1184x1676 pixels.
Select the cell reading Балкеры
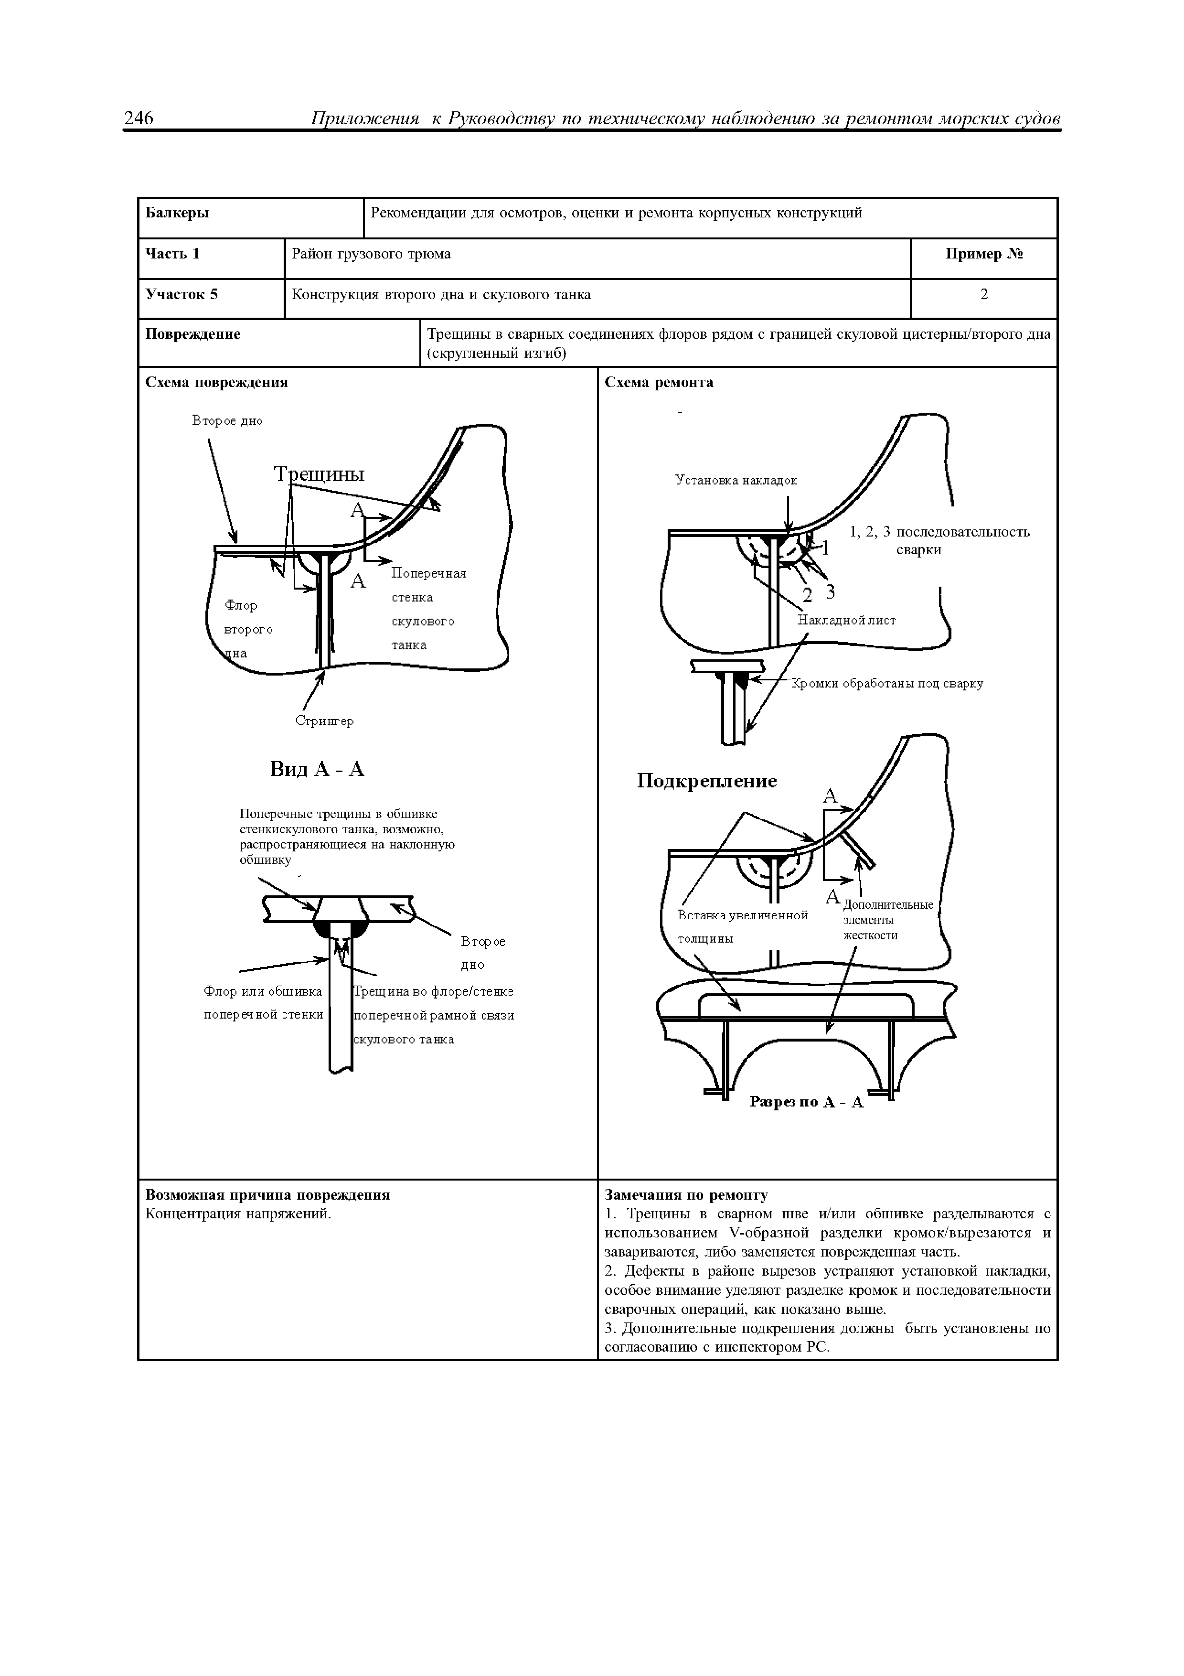(177, 213)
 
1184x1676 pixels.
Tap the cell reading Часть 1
(173, 254)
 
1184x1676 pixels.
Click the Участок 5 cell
(181, 295)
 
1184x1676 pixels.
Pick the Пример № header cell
(983, 254)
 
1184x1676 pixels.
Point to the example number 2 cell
(983, 295)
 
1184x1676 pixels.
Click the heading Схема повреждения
(217, 383)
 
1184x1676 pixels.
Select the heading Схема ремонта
(659, 383)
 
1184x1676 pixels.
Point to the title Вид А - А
(317, 769)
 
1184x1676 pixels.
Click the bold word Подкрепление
(706, 782)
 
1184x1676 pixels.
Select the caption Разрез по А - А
(806, 1102)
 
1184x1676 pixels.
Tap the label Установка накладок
(736, 480)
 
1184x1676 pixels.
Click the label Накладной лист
(846, 621)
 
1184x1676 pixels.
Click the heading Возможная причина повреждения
(268, 1195)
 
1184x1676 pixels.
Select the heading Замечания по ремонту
(686, 1195)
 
